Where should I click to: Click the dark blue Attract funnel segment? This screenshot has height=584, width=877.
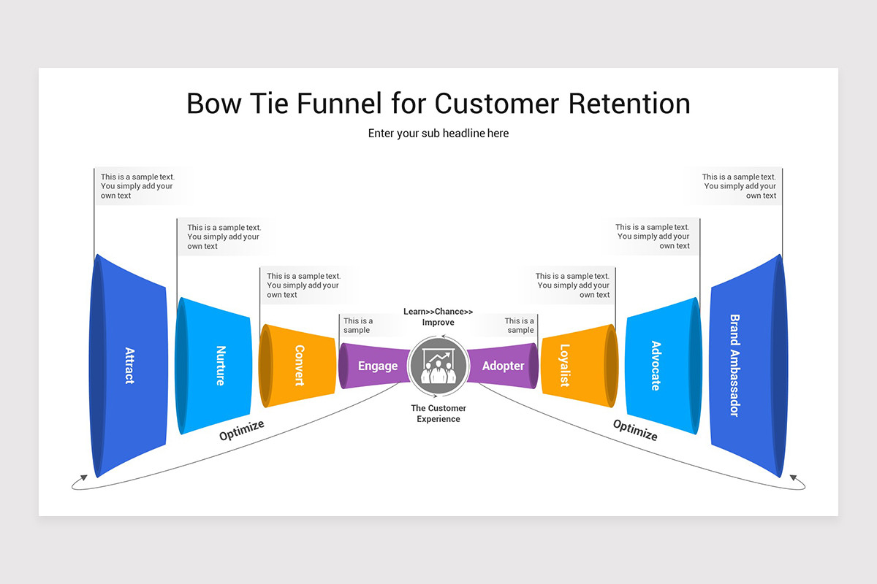point(129,365)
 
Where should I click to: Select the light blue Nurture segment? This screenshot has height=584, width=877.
point(218,365)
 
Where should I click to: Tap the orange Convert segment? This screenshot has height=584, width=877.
point(298,365)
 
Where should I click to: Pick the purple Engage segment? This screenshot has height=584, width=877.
point(377,366)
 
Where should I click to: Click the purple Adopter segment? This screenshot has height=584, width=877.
point(503,366)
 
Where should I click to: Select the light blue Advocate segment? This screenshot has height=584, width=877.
point(658,365)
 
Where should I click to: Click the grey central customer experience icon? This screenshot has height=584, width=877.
point(438,366)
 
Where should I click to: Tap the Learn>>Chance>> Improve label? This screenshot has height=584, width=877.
point(438,317)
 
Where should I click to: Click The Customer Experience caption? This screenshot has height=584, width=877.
point(438,413)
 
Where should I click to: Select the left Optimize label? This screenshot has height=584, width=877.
point(242,430)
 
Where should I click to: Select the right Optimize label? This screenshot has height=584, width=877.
point(635,430)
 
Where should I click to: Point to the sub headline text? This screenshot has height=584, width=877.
point(438,133)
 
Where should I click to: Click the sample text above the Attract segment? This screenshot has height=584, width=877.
point(137,186)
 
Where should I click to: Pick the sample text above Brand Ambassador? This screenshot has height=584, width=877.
point(739,186)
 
